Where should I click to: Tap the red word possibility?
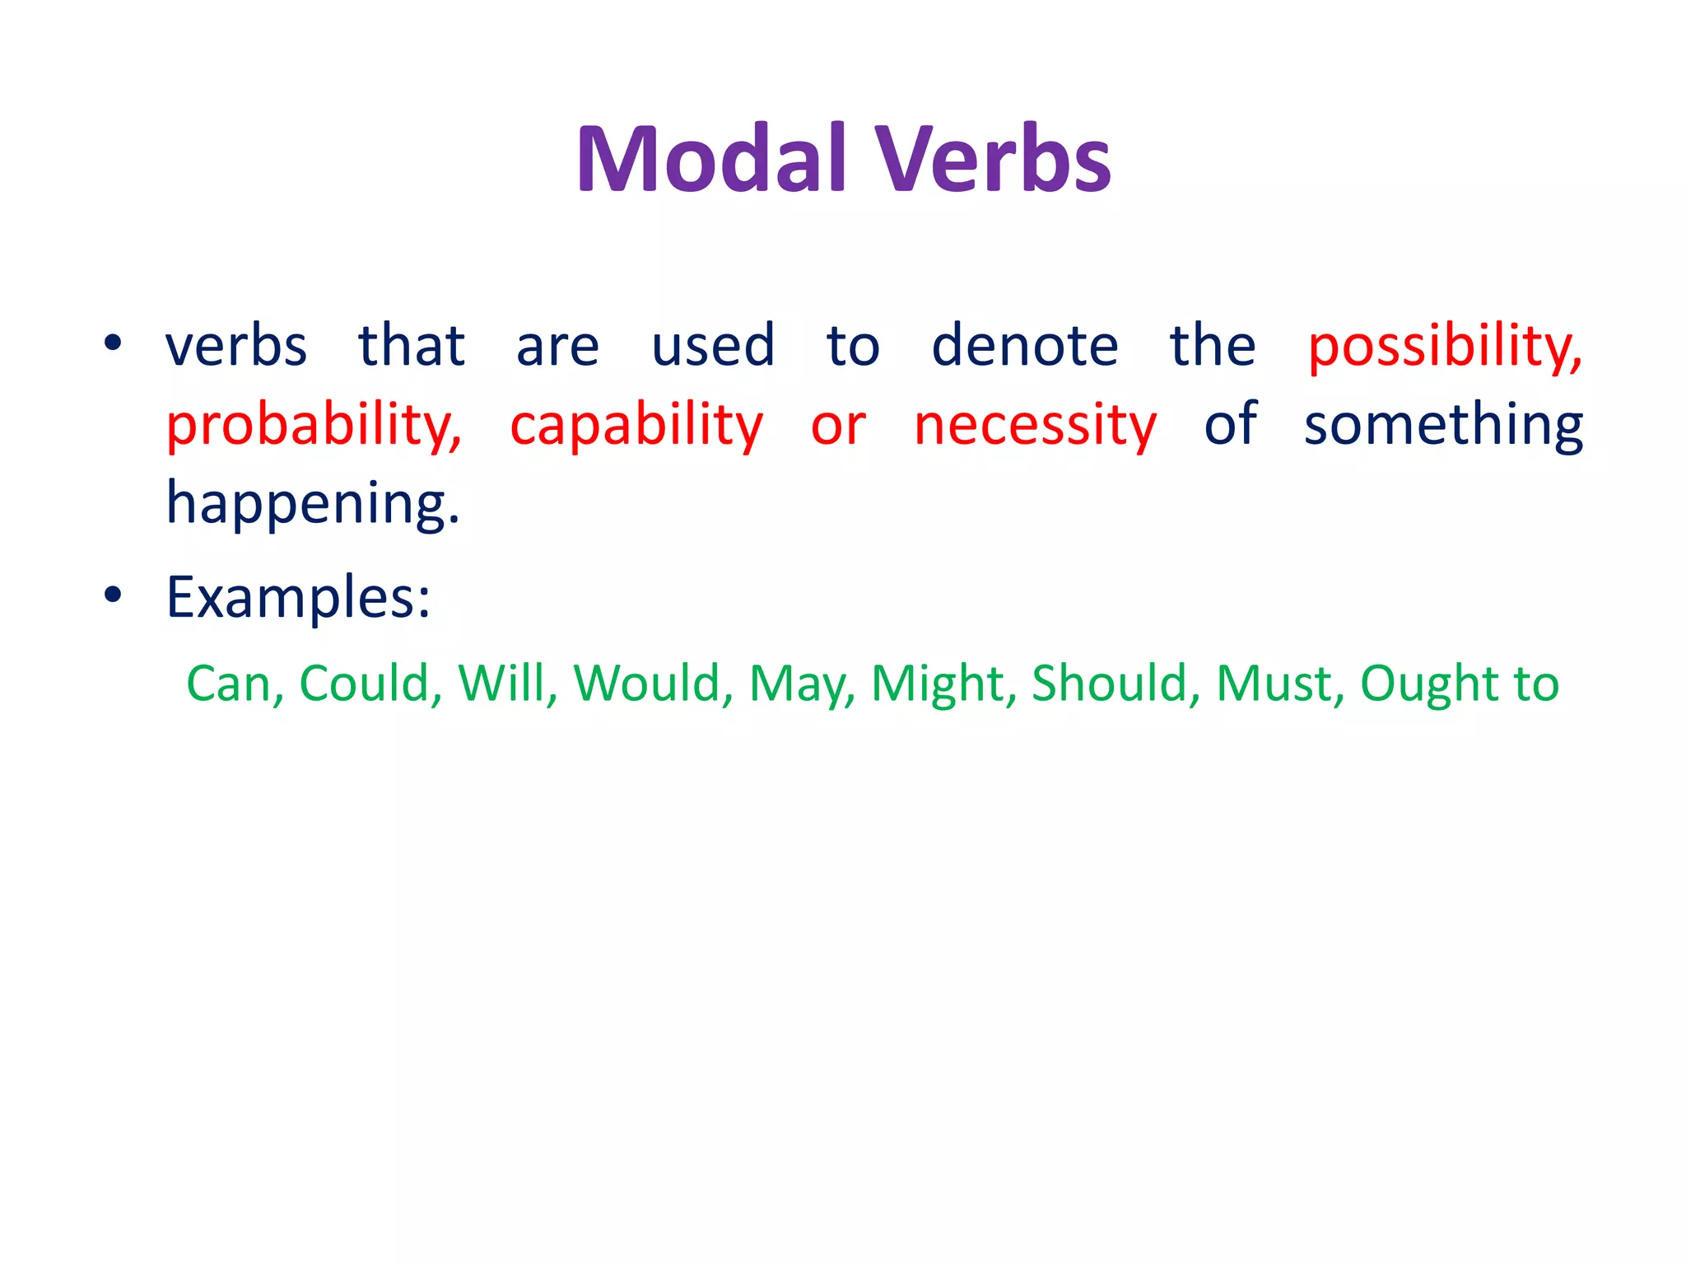click(1445, 346)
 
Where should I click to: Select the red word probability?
click(314, 426)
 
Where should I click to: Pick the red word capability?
click(636, 426)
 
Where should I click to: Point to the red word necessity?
click(1036, 426)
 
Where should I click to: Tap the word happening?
click(312, 504)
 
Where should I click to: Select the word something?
click(1443, 426)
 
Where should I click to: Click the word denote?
click(1025, 346)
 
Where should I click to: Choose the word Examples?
click(297, 598)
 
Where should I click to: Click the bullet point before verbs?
click(113, 343)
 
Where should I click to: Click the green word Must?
click(1280, 684)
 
